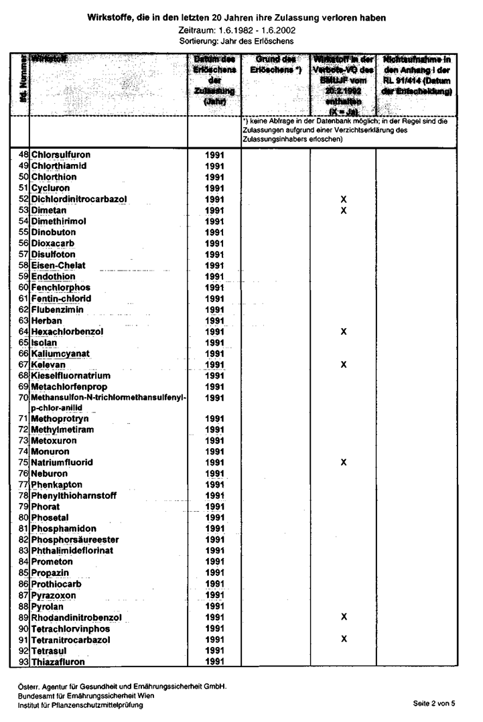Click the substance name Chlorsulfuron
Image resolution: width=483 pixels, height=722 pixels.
(60, 155)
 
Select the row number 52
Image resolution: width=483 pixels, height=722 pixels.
(23, 199)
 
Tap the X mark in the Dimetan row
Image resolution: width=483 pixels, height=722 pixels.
(344, 210)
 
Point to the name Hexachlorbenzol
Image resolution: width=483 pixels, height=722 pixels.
(67, 332)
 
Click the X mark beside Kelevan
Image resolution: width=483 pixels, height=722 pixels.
(344, 364)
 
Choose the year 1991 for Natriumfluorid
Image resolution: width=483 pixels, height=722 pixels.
(214, 463)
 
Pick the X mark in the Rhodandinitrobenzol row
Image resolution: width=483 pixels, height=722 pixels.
(344, 616)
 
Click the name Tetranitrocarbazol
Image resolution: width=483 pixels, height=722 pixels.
(70, 640)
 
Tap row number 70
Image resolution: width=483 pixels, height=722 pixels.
(23, 397)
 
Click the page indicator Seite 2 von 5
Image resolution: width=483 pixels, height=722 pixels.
(434, 703)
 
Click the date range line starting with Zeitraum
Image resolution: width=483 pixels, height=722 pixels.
(241, 31)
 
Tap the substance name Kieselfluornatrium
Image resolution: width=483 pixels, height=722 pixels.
(70, 376)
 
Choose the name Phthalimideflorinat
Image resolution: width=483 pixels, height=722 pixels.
(72, 551)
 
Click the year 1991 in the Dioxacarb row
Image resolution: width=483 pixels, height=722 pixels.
(214, 243)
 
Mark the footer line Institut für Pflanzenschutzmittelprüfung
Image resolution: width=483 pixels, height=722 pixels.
(80, 705)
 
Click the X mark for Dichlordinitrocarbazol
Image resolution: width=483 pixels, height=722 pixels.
(344, 200)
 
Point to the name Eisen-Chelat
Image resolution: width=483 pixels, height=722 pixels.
(59, 265)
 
